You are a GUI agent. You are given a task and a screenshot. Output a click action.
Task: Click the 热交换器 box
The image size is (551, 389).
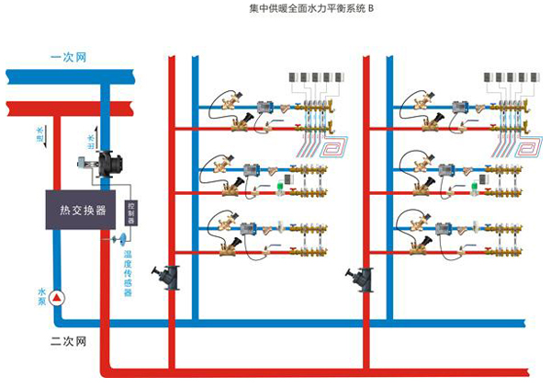tap(75, 211)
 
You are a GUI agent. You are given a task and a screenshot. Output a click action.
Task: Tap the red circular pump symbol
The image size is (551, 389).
tap(56, 297)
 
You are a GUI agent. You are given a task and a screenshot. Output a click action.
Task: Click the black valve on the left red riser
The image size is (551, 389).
tap(169, 277)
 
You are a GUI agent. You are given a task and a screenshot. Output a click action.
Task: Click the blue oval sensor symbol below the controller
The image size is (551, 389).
tap(120, 238)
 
